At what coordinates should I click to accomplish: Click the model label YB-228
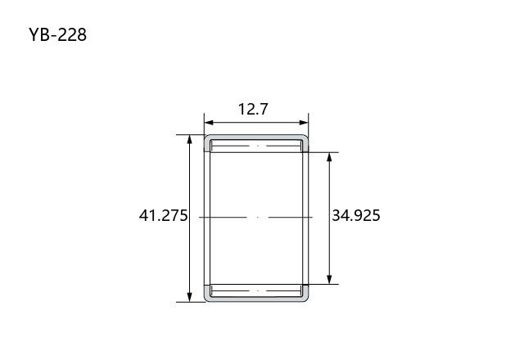57,34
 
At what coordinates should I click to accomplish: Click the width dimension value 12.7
253,109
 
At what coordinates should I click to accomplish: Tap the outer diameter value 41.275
164,215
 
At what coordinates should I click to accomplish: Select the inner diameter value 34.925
356,215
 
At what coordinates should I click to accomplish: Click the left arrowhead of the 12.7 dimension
208,123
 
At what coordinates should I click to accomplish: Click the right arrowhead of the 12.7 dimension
304,123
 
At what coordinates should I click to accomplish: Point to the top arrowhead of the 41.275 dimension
189,139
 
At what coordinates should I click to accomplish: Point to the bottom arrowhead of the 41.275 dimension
189,297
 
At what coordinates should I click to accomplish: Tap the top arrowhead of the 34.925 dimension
329,157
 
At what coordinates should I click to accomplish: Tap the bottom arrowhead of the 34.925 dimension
329,280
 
